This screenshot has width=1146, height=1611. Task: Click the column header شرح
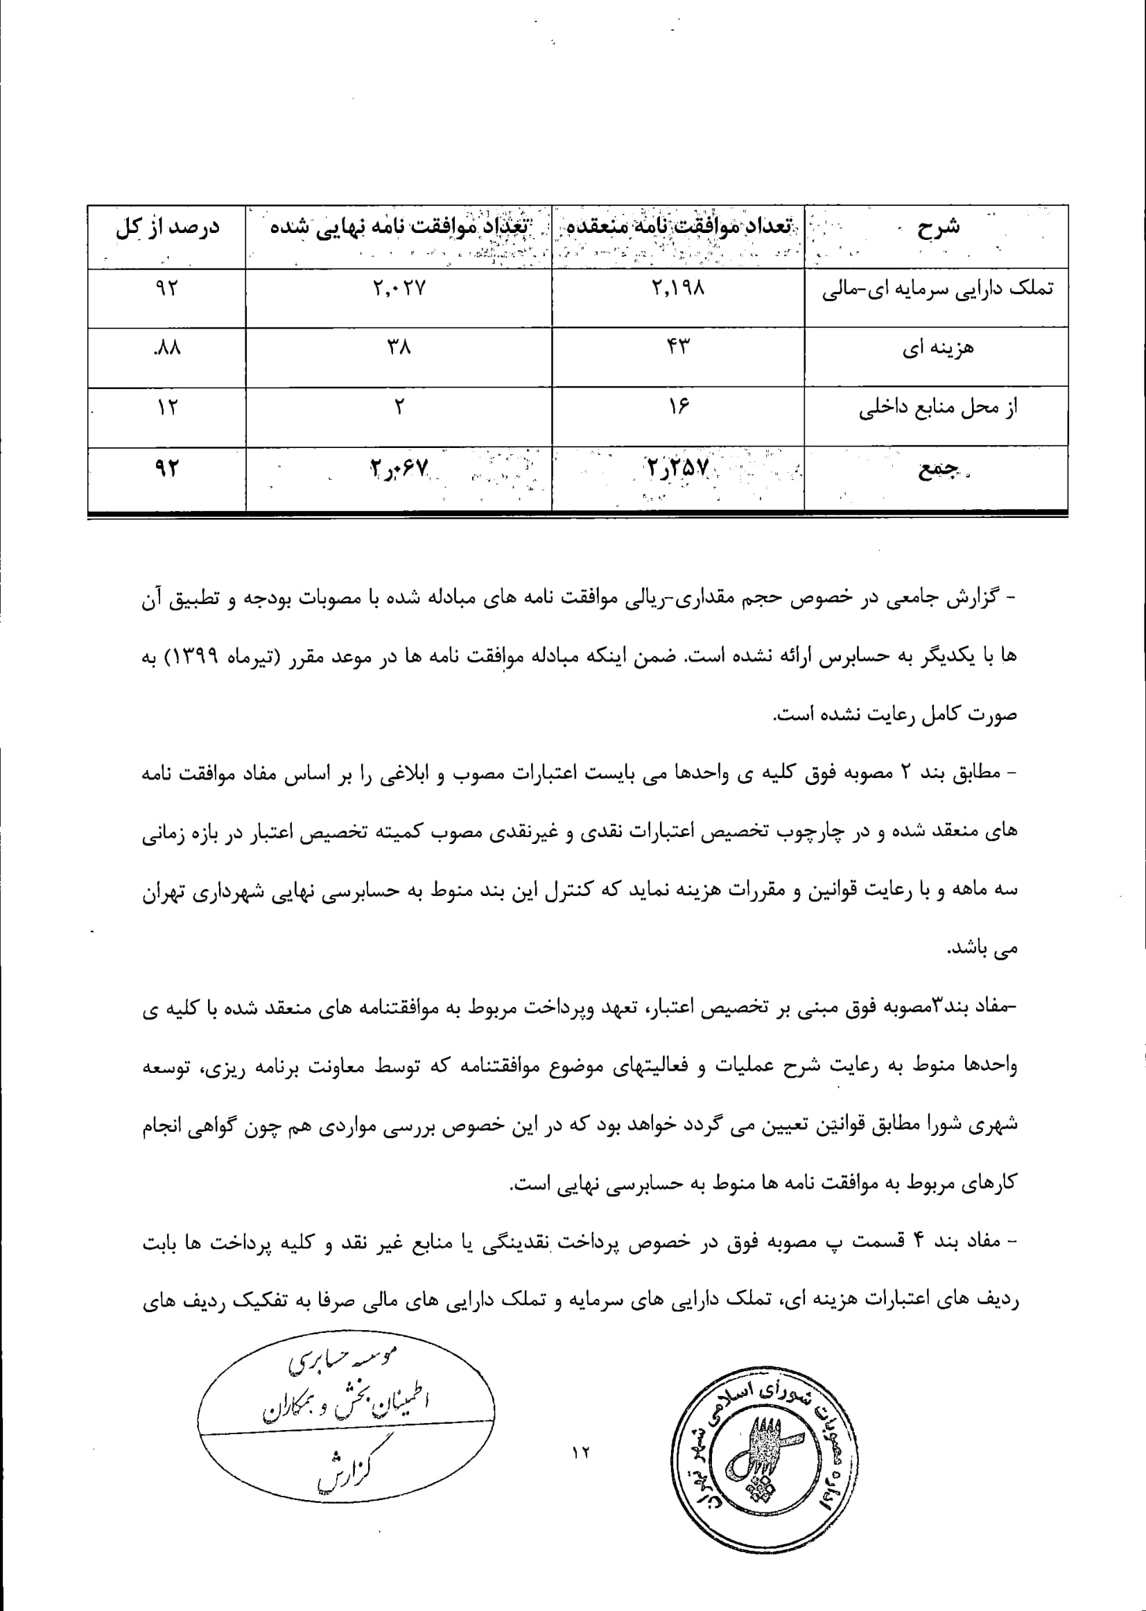[x=938, y=228]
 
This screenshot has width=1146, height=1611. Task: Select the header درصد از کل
[x=168, y=228]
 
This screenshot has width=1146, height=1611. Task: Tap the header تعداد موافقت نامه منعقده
[x=678, y=228]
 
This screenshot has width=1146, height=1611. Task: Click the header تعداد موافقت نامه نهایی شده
[x=399, y=228]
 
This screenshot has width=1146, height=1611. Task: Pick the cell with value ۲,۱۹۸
[x=678, y=288]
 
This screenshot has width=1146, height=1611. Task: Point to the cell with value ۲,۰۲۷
[x=399, y=288]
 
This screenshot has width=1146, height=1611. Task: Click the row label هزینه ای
[x=938, y=349]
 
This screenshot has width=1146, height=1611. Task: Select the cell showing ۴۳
[x=678, y=347]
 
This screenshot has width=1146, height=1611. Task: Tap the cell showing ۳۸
[x=399, y=347]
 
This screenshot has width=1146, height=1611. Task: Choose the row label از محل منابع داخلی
[x=938, y=408]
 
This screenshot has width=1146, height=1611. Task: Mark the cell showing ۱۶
[x=678, y=407]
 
